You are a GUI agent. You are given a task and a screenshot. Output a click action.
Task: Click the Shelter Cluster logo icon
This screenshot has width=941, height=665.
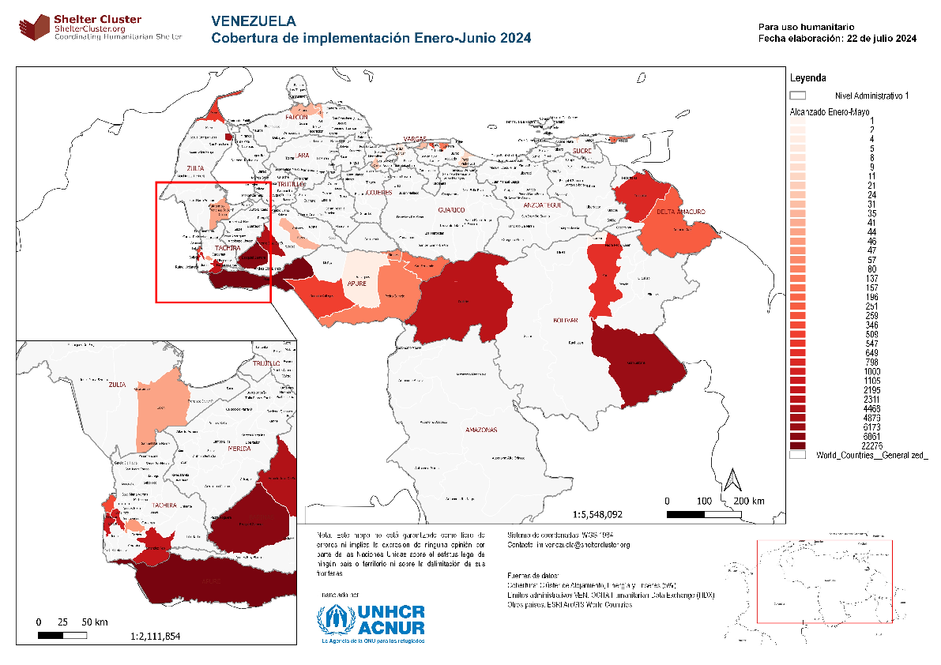tap(32, 27)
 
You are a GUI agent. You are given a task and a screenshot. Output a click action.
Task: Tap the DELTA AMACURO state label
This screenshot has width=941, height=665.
tap(680, 212)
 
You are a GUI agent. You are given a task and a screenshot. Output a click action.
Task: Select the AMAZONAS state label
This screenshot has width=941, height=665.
tap(481, 430)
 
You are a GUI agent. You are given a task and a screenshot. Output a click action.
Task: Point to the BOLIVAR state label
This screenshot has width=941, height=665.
tap(566, 320)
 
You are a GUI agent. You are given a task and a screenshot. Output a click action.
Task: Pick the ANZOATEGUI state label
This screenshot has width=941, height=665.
tap(541, 205)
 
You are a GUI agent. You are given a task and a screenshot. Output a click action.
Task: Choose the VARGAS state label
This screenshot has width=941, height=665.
tap(414, 138)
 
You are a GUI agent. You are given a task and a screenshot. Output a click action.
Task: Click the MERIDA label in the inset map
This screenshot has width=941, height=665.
tap(239, 448)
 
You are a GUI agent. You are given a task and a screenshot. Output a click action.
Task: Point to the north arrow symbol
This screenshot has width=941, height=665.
tap(732, 479)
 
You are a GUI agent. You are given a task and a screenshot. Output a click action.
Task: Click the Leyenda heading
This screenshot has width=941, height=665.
tap(808, 78)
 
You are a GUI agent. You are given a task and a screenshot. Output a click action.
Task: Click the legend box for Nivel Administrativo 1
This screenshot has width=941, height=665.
tap(798, 95)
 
